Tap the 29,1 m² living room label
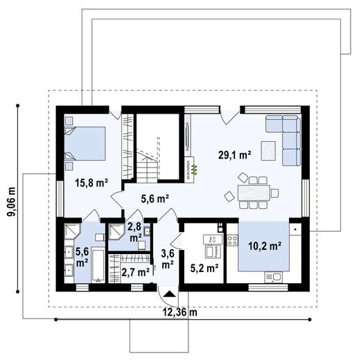[235, 156]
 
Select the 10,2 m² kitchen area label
[264, 245]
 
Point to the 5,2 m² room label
[204, 267]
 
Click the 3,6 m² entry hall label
[167, 258]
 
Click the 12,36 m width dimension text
[179, 312]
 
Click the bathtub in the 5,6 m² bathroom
[98, 268]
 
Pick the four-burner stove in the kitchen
[232, 240]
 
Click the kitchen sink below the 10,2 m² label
[273, 278]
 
